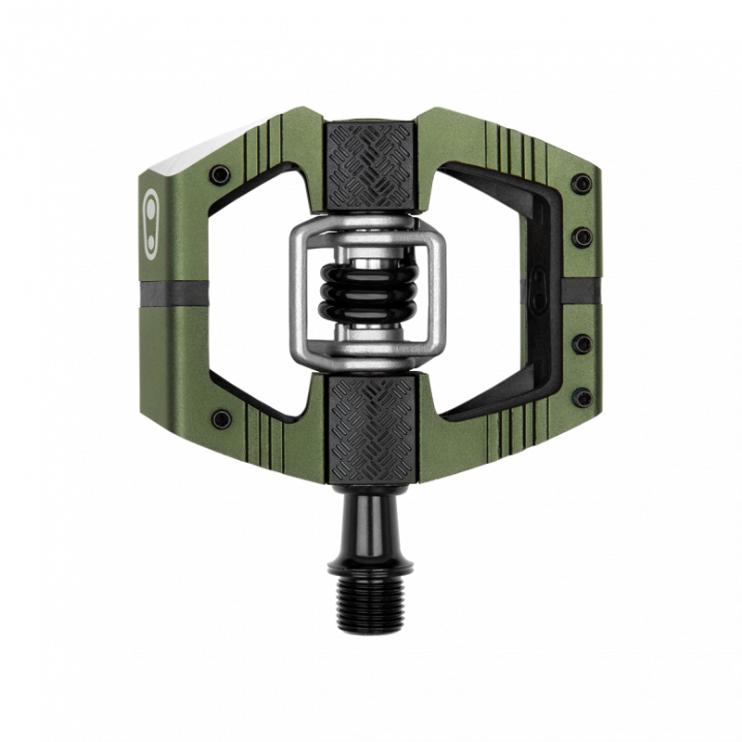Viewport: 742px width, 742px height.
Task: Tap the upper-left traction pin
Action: (x=221, y=174)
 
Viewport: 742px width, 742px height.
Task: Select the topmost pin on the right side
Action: (x=582, y=185)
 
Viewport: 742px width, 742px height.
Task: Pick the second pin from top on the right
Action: (x=582, y=237)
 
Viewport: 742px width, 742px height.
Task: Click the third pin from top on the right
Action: (x=582, y=344)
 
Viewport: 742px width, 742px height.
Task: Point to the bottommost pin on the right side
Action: (x=582, y=398)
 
